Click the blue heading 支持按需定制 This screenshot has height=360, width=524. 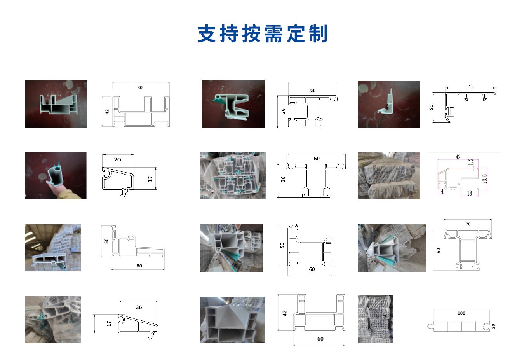[263, 34]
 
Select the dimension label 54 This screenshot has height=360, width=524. [312, 91]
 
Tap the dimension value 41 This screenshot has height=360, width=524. [470, 86]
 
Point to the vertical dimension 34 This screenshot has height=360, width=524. [432, 107]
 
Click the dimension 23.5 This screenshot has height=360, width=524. [484, 179]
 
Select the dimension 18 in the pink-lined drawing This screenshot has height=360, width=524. [469, 193]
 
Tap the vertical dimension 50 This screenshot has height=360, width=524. [106, 241]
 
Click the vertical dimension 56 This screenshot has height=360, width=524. [282, 245]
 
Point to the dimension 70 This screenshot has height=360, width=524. [468, 224]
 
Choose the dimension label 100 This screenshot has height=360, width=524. [461, 313]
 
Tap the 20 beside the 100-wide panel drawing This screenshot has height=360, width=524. [493, 326]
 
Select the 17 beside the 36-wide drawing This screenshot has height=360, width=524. [109, 323]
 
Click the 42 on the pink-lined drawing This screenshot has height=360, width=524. [458, 157]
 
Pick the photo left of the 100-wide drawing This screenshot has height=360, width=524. [375, 319]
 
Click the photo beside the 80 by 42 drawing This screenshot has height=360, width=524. [56, 104]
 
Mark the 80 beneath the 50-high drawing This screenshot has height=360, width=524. [139, 266]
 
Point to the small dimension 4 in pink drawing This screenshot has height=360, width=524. [442, 191]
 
